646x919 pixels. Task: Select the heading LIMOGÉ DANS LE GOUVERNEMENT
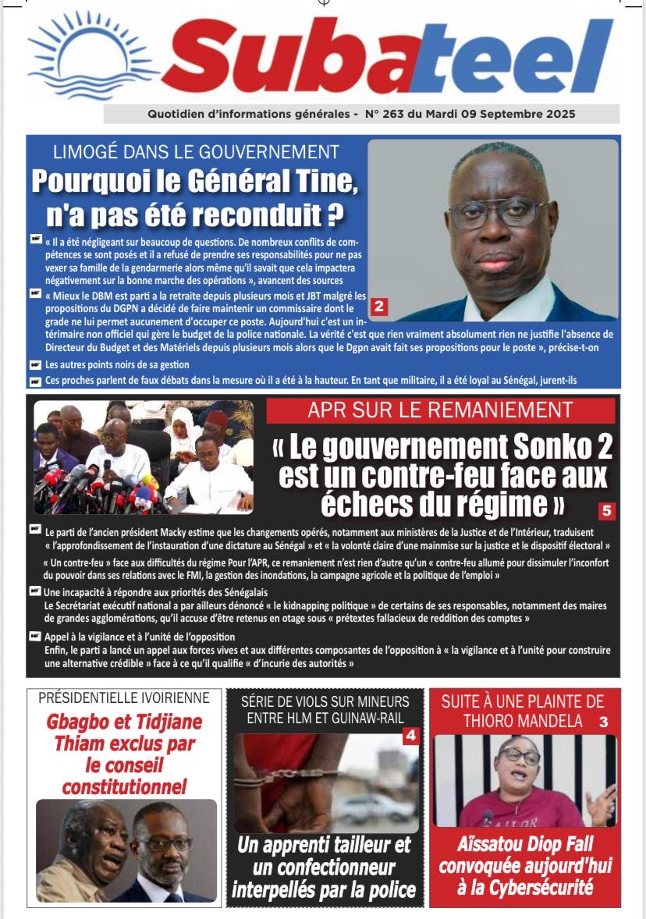[196, 152]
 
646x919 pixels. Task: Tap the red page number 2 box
[378, 307]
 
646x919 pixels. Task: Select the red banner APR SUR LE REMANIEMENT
[440, 410]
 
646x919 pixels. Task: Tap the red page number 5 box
[607, 511]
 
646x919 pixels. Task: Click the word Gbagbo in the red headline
[78, 722]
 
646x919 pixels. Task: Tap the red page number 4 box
[411, 735]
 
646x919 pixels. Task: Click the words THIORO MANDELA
[523, 722]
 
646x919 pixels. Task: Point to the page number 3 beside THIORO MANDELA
[603, 722]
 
